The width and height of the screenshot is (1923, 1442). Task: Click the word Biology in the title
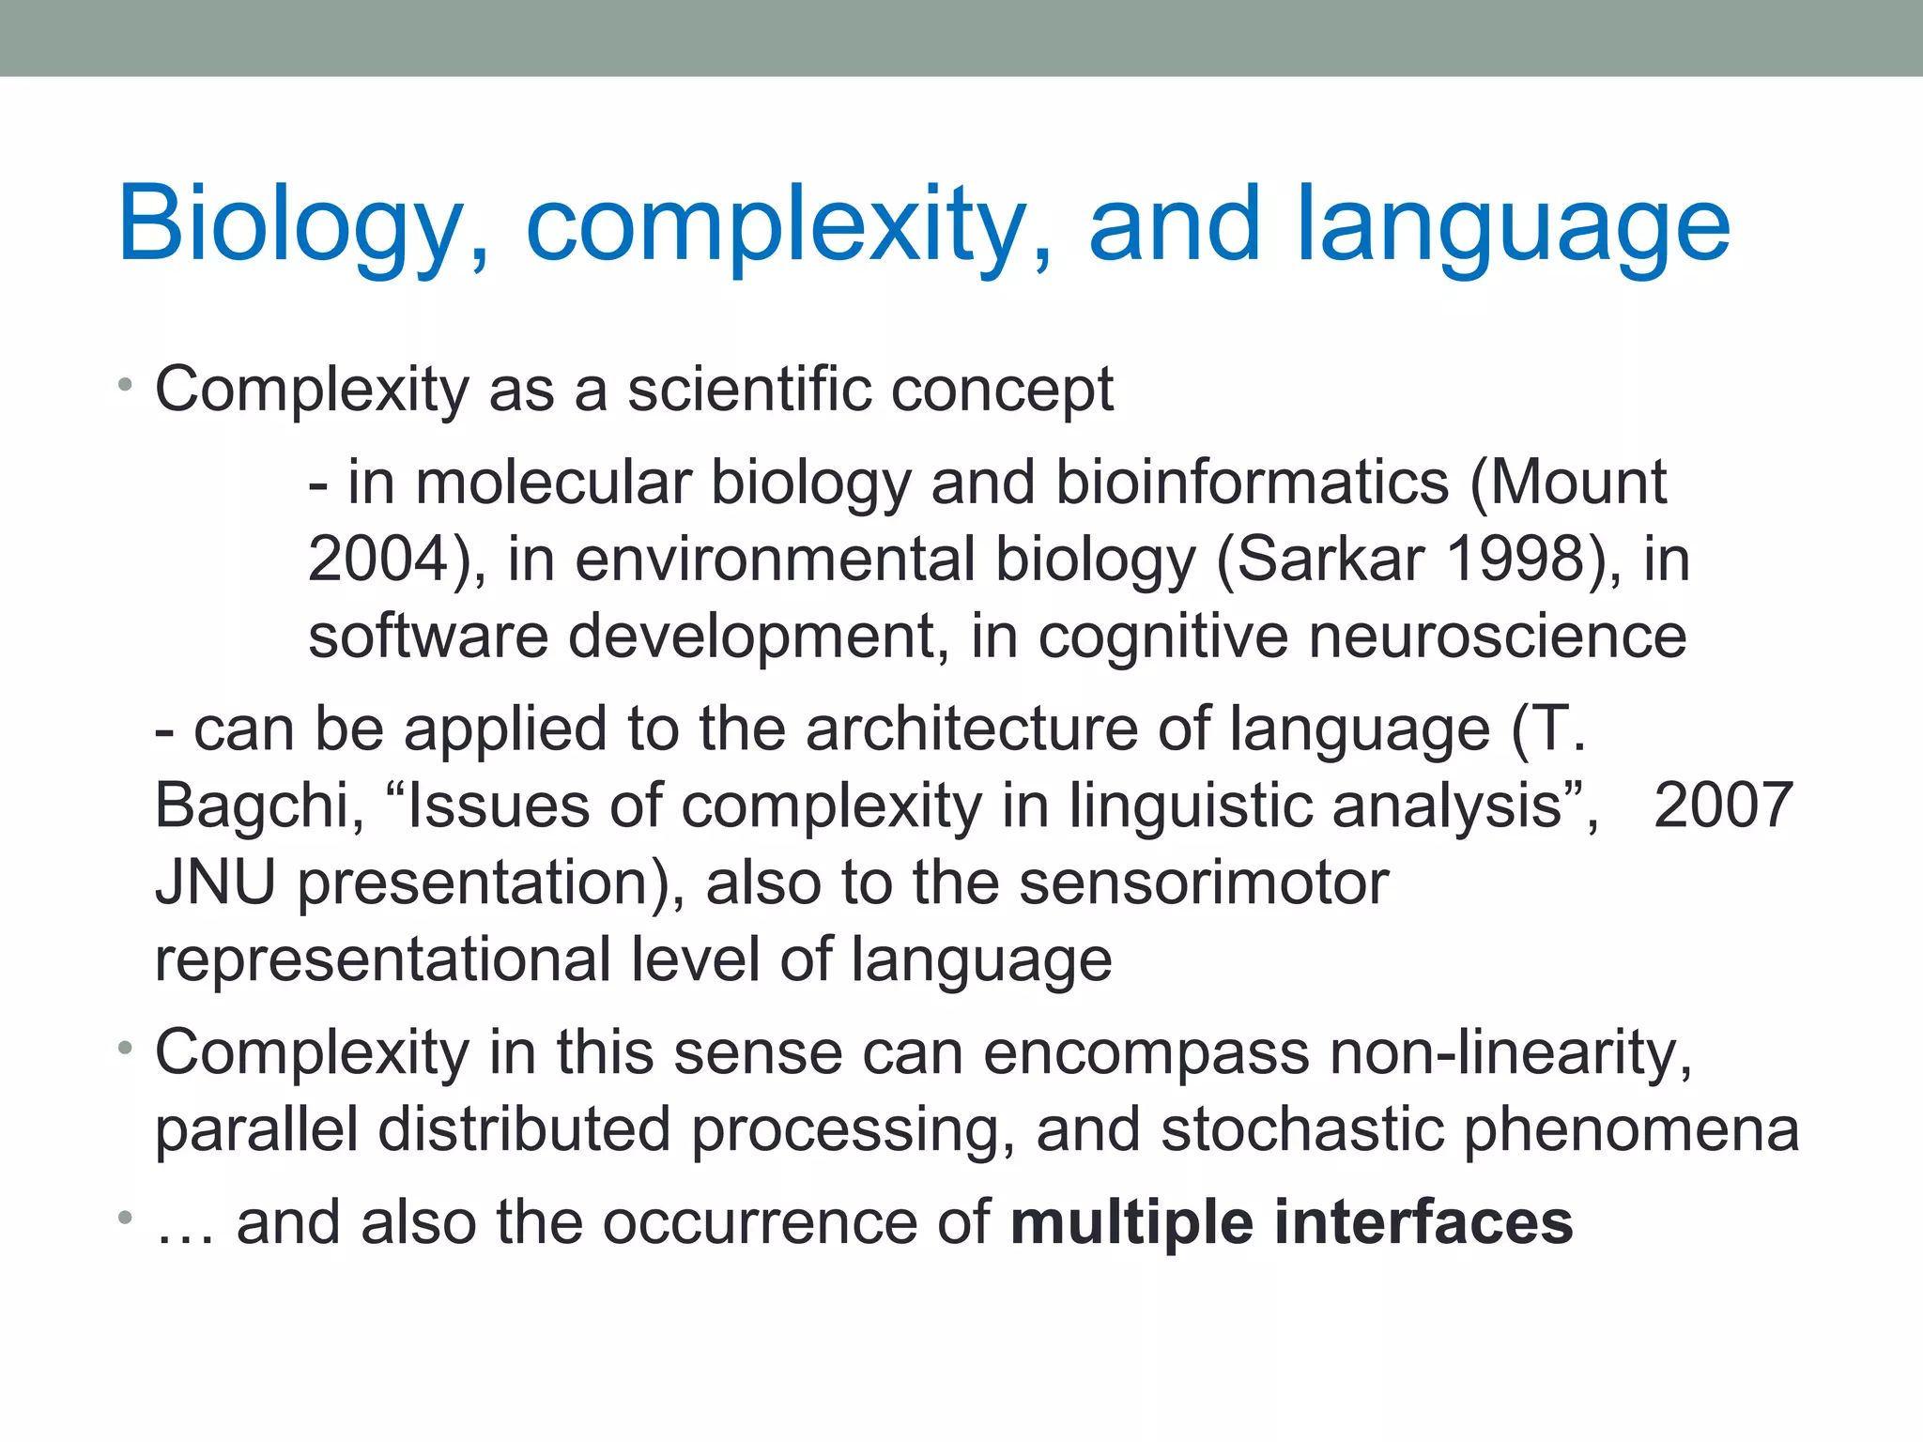[291, 225]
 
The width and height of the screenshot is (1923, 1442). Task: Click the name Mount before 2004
[1577, 483]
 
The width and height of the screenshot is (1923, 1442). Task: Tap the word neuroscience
[1498, 637]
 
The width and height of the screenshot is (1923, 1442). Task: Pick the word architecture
[972, 729]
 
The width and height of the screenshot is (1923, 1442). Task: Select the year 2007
[1723, 805]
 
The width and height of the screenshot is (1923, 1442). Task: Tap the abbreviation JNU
[215, 882]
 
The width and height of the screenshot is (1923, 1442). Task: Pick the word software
[428, 637]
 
